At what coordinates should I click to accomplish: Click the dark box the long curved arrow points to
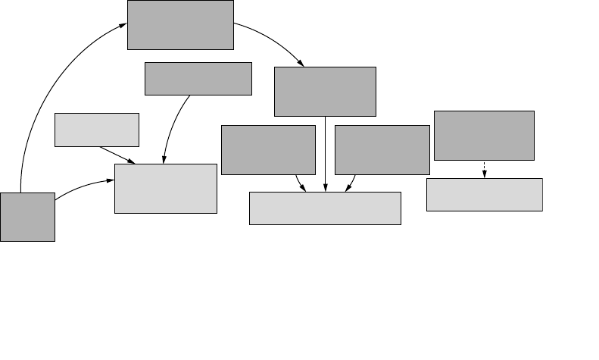tap(180, 25)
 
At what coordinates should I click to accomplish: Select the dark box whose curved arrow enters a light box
tap(198, 79)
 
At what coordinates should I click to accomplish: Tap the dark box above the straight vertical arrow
tap(325, 92)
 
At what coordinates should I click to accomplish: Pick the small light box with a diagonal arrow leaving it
tap(97, 130)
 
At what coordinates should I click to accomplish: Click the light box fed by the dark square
tap(165, 188)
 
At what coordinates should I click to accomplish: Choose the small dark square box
tap(27, 217)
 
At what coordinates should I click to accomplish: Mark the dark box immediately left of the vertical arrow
tap(268, 150)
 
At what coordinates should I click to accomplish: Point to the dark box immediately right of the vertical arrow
tap(382, 150)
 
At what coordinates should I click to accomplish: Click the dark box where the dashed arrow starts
tap(484, 135)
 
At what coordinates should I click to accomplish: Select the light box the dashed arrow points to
tap(484, 195)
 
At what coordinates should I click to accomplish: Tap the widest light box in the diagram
tap(325, 208)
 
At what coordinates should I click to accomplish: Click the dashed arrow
tap(484, 169)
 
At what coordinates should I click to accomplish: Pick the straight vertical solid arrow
tap(325, 152)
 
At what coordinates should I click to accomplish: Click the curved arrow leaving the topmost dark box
tap(273, 42)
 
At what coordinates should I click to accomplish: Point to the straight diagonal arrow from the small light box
tap(117, 155)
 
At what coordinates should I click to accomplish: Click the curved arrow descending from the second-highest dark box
tap(172, 125)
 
